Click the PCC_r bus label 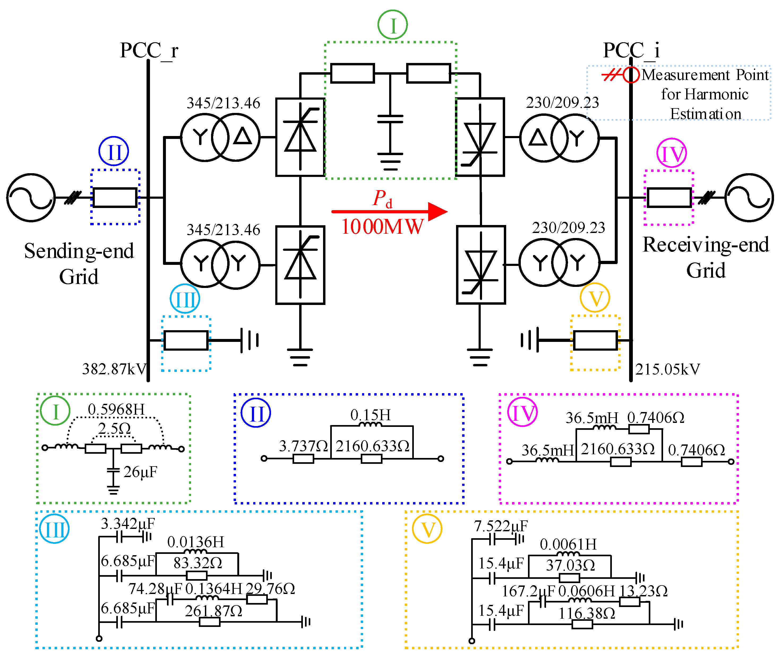tap(149, 50)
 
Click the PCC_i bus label tap(631, 50)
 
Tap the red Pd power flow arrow tap(389, 211)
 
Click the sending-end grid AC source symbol tap(31, 198)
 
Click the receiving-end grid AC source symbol tap(749, 198)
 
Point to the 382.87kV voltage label tap(114, 369)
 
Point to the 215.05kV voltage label tap(668, 369)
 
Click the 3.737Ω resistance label tap(303, 446)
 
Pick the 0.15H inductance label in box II tap(371, 415)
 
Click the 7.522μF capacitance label tap(501, 526)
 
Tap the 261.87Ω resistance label tap(214, 611)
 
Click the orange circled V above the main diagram tap(595, 298)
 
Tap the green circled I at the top tap(393, 25)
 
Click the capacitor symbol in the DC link tap(390, 119)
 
